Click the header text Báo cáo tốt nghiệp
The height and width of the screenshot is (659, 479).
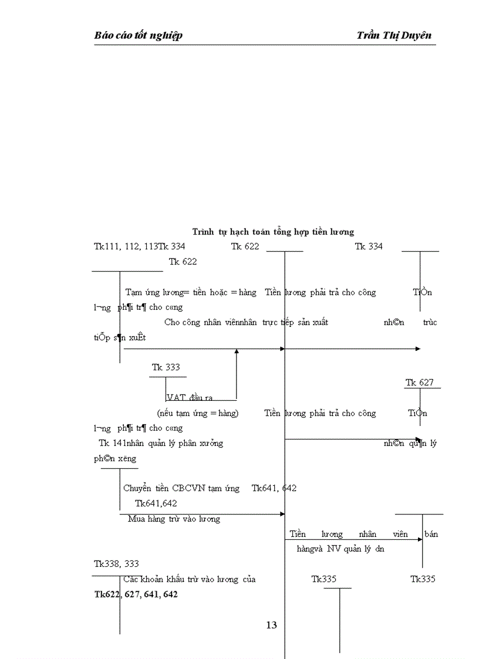click(138, 35)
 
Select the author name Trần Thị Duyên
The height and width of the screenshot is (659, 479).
click(393, 35)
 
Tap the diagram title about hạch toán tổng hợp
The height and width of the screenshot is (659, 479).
click(273, 232)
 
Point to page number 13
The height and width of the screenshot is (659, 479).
click(271, 626)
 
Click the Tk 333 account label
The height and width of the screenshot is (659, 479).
click(166, 367)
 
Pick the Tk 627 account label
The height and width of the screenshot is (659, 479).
click(420, 383)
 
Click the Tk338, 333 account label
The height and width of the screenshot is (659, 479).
click(116, 564)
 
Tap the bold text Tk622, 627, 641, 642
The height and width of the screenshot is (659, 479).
click(136, 594)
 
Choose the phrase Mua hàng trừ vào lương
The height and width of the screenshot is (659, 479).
click(174, 519)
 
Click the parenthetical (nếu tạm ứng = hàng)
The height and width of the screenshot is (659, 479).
click(198, 413)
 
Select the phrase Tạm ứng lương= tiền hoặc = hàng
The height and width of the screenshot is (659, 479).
click(191, 292)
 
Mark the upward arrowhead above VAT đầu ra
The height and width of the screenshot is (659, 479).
click(237, 352)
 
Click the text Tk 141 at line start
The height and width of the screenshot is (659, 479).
click(112, 444)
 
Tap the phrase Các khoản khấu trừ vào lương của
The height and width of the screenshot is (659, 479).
click(190, 579)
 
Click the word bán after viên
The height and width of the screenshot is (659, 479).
click(430, 534)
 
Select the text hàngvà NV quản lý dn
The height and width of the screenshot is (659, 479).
click(340, 549)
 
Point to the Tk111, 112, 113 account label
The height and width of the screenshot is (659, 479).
click(125, 246)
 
